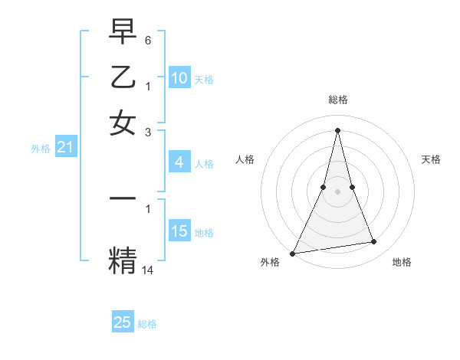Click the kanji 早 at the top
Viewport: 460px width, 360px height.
pyautogui.click(x=123, y=32)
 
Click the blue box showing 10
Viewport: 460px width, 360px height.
pyautogui.click(x=179, y=78)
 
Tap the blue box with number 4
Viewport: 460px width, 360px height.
pyautogui.click(x=179, y=162)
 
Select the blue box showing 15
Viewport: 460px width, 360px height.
pyautogui.click(x=179, y=231)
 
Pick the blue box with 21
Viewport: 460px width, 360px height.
pyautogui.click(x=64, y=148)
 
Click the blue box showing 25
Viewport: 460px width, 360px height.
pyautogui.click(x=123, y=322)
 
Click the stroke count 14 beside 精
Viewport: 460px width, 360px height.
pyautogui.click(x=148, y=270)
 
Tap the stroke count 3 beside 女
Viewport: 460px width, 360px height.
pyautogui.click(x=148, y=133)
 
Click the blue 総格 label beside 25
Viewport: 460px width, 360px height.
pyautogui.click(x=147, y=324)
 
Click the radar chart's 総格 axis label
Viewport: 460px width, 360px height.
pyautogui.click(x=337, y=100)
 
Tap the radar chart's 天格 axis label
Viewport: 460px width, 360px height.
pyautogui.click(x=431, y=159)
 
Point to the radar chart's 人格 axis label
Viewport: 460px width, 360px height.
pyautogui.click(x=245, y=159)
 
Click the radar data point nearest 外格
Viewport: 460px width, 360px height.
pyautogui.click(x=293, y=253)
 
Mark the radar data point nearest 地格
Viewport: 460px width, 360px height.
pyautogui.click(x=374, y=242)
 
